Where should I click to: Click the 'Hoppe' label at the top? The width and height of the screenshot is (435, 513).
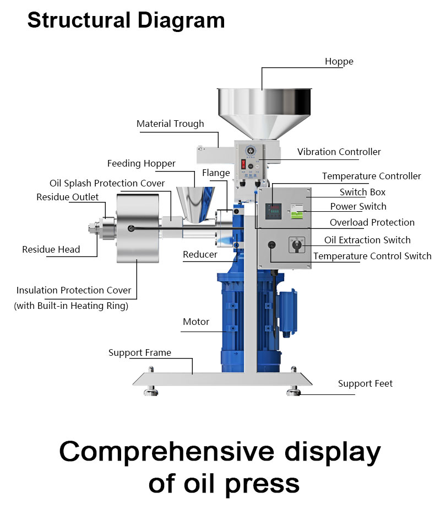[x=339, y=61]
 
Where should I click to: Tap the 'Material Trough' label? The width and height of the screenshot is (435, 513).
[x=170, y=124]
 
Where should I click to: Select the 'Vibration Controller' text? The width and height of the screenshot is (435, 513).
[x=339, y=152]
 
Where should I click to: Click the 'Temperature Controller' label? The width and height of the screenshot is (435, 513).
[x=371, y=176]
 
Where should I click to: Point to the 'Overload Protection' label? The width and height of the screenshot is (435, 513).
[x=372, y=222]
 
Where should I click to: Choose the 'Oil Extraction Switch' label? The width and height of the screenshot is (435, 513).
[x=367, y=240]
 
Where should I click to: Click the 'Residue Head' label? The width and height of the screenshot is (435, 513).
[x=51, y=249]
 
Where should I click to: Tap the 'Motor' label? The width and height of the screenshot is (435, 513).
[x=196, y=322]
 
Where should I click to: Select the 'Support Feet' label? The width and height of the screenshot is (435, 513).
[x=365, y=383]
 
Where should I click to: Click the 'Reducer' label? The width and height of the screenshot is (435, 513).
[x=200, y=254]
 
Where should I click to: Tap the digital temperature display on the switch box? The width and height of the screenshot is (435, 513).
[x=274, y=211]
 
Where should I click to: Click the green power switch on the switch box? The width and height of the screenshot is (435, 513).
[x=298, y=212]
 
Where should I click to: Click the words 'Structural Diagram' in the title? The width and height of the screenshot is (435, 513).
[x=126, y=20]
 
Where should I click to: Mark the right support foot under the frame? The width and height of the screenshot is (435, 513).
[x=293, y=391]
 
